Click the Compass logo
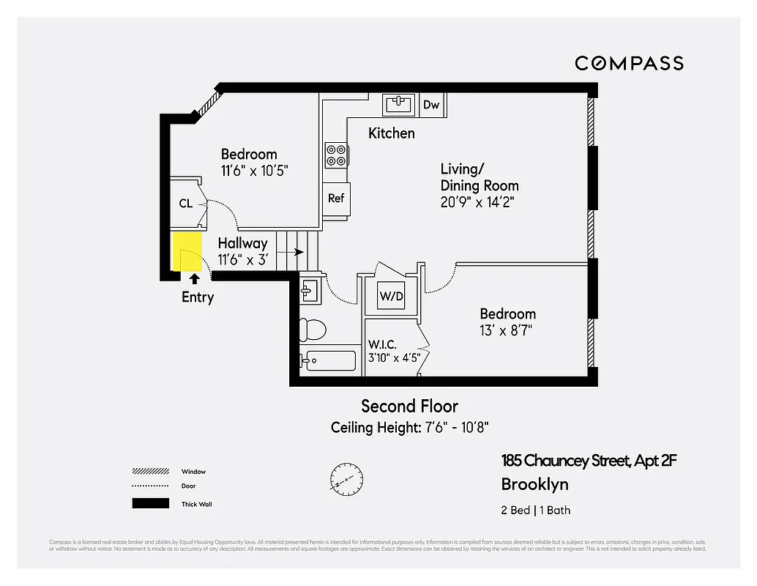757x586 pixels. point(629,63)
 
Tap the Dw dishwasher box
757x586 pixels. point(431,105)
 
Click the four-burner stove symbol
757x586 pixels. point(336,155)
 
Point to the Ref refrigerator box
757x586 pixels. point(336,198)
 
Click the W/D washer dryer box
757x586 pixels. point(390,297)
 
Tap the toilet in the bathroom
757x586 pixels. point(313,329)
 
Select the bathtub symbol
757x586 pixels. point(329,360)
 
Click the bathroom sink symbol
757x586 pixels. point(308,290)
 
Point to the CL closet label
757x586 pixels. point(186,203)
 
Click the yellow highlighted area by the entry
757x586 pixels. point(187,251)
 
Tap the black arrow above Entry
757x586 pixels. point(194,278)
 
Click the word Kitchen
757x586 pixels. point(391,133)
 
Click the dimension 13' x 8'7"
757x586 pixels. point(505,330)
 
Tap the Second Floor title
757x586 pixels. point(409,406)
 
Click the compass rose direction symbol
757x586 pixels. point(346,477)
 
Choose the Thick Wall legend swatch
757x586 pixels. point(150,503)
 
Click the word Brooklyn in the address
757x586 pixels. point(534,484)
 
